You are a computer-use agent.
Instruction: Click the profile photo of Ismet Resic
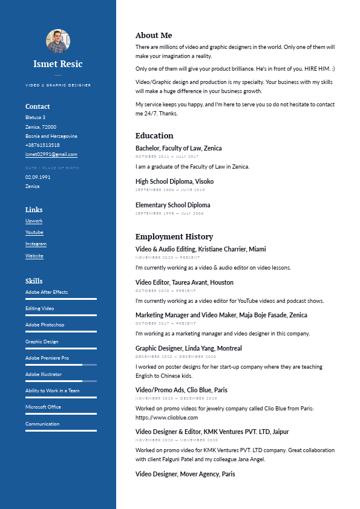coord(58,41)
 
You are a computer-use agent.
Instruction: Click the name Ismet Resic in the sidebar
coord(58,64)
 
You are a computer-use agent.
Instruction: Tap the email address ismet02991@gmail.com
coord(51,155)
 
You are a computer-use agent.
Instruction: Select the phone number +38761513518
coord(42,145)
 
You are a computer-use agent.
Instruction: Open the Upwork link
coord(34,221)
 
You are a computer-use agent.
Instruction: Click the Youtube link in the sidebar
coord(34,233)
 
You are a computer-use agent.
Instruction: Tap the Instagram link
coord(36,244)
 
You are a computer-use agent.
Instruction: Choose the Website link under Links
coord(34,256)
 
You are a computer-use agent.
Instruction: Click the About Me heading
coord(154,36)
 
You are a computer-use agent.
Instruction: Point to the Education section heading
coord(154,136)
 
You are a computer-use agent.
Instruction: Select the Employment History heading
coord(174,237)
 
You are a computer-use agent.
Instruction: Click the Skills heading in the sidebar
coord(34,281)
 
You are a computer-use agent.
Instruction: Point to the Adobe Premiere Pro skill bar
coord(61,365)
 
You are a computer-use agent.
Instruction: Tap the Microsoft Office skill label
coord(43,407)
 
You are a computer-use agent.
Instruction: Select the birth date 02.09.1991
coord(38,177)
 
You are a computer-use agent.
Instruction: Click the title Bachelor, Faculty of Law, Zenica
coord(178,148)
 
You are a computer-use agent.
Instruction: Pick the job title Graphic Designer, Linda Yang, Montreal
coord(188,348)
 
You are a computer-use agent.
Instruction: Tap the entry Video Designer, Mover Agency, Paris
coord(185,474)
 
